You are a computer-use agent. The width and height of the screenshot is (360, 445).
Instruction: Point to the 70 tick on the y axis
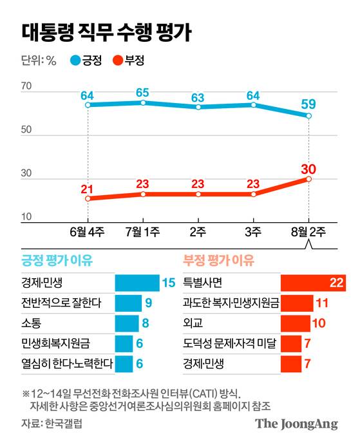[26, 86]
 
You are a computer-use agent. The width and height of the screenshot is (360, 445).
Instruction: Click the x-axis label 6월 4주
[87, 231]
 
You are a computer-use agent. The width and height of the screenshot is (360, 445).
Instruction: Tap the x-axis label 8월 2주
[308, 231]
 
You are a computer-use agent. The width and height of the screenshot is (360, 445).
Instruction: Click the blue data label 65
[143, 92]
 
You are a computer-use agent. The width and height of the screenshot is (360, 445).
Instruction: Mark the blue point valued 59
[309, 116]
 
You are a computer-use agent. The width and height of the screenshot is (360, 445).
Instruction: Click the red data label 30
[309, 169]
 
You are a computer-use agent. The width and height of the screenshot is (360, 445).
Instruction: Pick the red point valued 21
[88, 198]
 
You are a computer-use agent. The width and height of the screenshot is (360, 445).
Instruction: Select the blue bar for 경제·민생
[137, 283]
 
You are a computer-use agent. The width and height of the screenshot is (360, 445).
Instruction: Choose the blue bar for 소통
[126, 323]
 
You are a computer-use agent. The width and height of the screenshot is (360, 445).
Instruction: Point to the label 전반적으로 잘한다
[57, 303]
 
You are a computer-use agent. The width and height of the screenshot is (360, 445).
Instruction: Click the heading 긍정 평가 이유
[57, 261]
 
